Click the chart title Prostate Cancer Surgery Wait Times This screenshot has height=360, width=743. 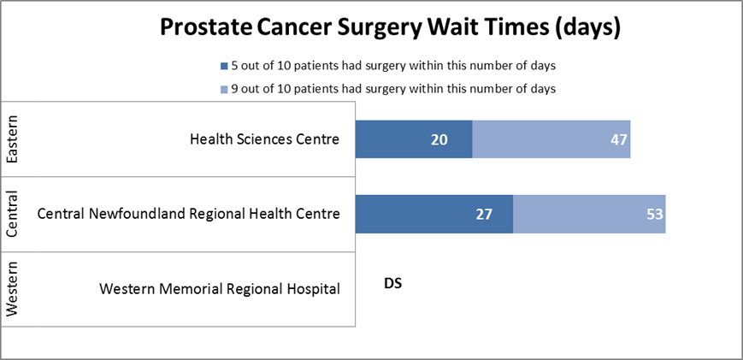[389, 28]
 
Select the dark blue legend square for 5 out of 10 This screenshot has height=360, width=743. [224, 66]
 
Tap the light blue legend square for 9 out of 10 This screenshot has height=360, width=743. [224, 88]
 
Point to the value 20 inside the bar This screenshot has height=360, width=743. [439, 140]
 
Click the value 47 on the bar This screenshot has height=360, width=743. [619, 140]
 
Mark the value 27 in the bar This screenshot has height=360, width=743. [484, 215]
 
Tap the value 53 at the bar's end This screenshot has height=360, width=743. [654, 215]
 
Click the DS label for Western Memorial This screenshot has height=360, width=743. [393, 283]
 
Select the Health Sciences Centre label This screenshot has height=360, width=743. [264, 139]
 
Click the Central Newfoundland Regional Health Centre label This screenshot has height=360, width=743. [189, 214]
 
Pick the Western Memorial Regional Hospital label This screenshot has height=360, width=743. [220, 288]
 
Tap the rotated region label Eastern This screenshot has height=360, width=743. [12, 139]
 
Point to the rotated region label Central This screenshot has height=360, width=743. [12, 215]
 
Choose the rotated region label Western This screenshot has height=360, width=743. [12, 289]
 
